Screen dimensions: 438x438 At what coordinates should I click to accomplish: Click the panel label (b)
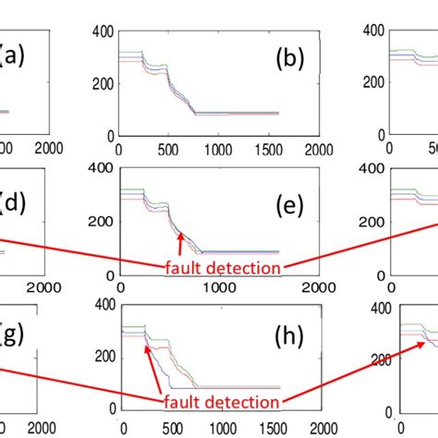click(293, 61)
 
